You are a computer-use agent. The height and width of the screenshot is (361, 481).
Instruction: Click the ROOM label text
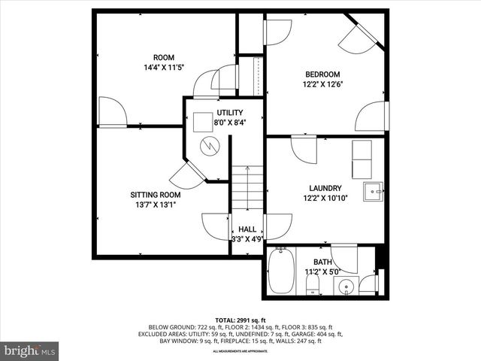[x=163, y=57]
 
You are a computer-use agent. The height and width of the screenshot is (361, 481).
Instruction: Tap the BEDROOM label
[x=322, y=74]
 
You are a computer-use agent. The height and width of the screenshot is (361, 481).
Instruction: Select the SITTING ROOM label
[x=156, y=194]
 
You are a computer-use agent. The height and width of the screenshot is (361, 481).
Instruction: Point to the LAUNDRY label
[x=325, y=188]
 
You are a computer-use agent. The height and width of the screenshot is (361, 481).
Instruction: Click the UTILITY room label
[x=209, y=112]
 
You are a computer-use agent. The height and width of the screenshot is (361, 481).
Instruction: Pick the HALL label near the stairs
[x=247, y=229]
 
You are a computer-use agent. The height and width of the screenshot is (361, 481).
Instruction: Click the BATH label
[x=322, y=261]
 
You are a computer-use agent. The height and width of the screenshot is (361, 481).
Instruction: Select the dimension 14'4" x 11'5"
[x=163, y=68]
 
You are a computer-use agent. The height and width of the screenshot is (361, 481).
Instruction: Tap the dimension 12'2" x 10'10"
[x=325, y=199]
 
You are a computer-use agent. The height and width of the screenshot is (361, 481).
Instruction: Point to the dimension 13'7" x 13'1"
[x=156, y=205]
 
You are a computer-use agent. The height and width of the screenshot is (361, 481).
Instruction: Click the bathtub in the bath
[x=280, y=272]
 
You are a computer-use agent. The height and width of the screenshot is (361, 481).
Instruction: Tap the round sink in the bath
[x=345, y=286]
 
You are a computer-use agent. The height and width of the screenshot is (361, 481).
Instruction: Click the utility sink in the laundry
[x=373, y=192]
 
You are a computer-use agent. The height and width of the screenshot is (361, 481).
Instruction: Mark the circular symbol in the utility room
[x=210, y=144]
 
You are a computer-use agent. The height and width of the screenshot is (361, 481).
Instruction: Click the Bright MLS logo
[x=30, y=350]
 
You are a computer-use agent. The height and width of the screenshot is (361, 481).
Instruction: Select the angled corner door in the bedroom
[x=358, y=35]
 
